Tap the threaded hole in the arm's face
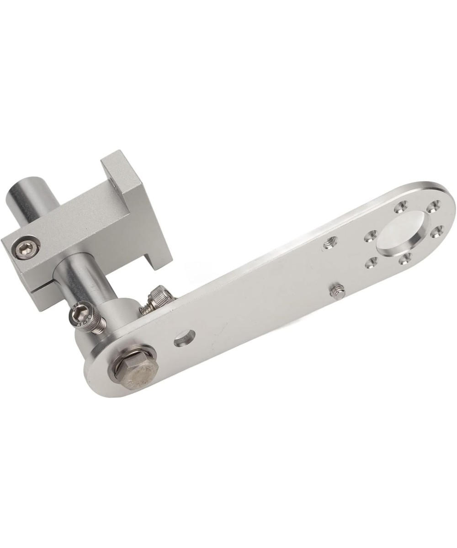pos(329,243)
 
